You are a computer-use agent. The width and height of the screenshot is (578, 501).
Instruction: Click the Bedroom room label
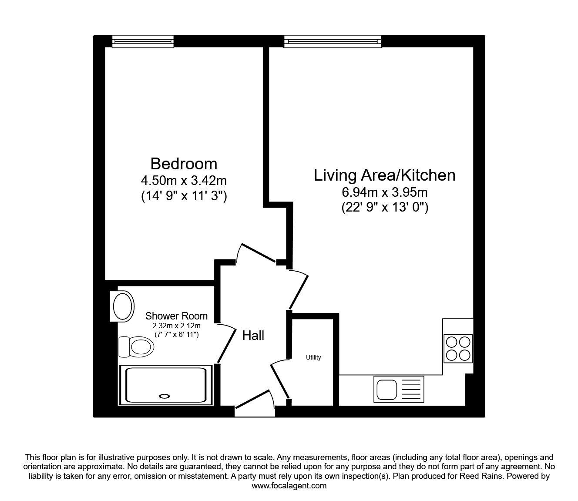click(184, 164)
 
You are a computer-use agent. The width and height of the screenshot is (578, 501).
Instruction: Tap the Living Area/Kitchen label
click(384, 175)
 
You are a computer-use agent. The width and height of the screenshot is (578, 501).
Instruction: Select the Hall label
click(253, 336)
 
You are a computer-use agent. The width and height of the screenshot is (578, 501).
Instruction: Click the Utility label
click(313, 357)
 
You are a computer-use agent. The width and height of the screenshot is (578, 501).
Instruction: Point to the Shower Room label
click(176, 316)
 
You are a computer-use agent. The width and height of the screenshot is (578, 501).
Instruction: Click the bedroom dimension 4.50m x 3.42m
click(184, 180)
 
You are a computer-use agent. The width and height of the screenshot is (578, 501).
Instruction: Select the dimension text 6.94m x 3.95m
click(384, 192)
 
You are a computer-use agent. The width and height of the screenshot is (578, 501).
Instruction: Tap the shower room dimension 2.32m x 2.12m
click(176, 326)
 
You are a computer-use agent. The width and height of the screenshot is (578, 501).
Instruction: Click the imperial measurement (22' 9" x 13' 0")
click(384, 208)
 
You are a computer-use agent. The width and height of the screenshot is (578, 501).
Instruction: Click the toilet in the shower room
click(137, 347)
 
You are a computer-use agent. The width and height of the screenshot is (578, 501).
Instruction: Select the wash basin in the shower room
click(121, 306)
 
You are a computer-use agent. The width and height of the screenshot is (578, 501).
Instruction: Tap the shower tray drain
click(165, 396)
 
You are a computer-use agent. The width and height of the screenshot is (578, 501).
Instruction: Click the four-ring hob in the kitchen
click(458, 348)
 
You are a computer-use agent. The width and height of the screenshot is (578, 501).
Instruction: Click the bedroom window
click(143, 41)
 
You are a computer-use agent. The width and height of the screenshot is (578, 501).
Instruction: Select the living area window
click(333, 41)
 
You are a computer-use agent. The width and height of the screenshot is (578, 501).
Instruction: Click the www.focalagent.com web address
click(289, 486)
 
